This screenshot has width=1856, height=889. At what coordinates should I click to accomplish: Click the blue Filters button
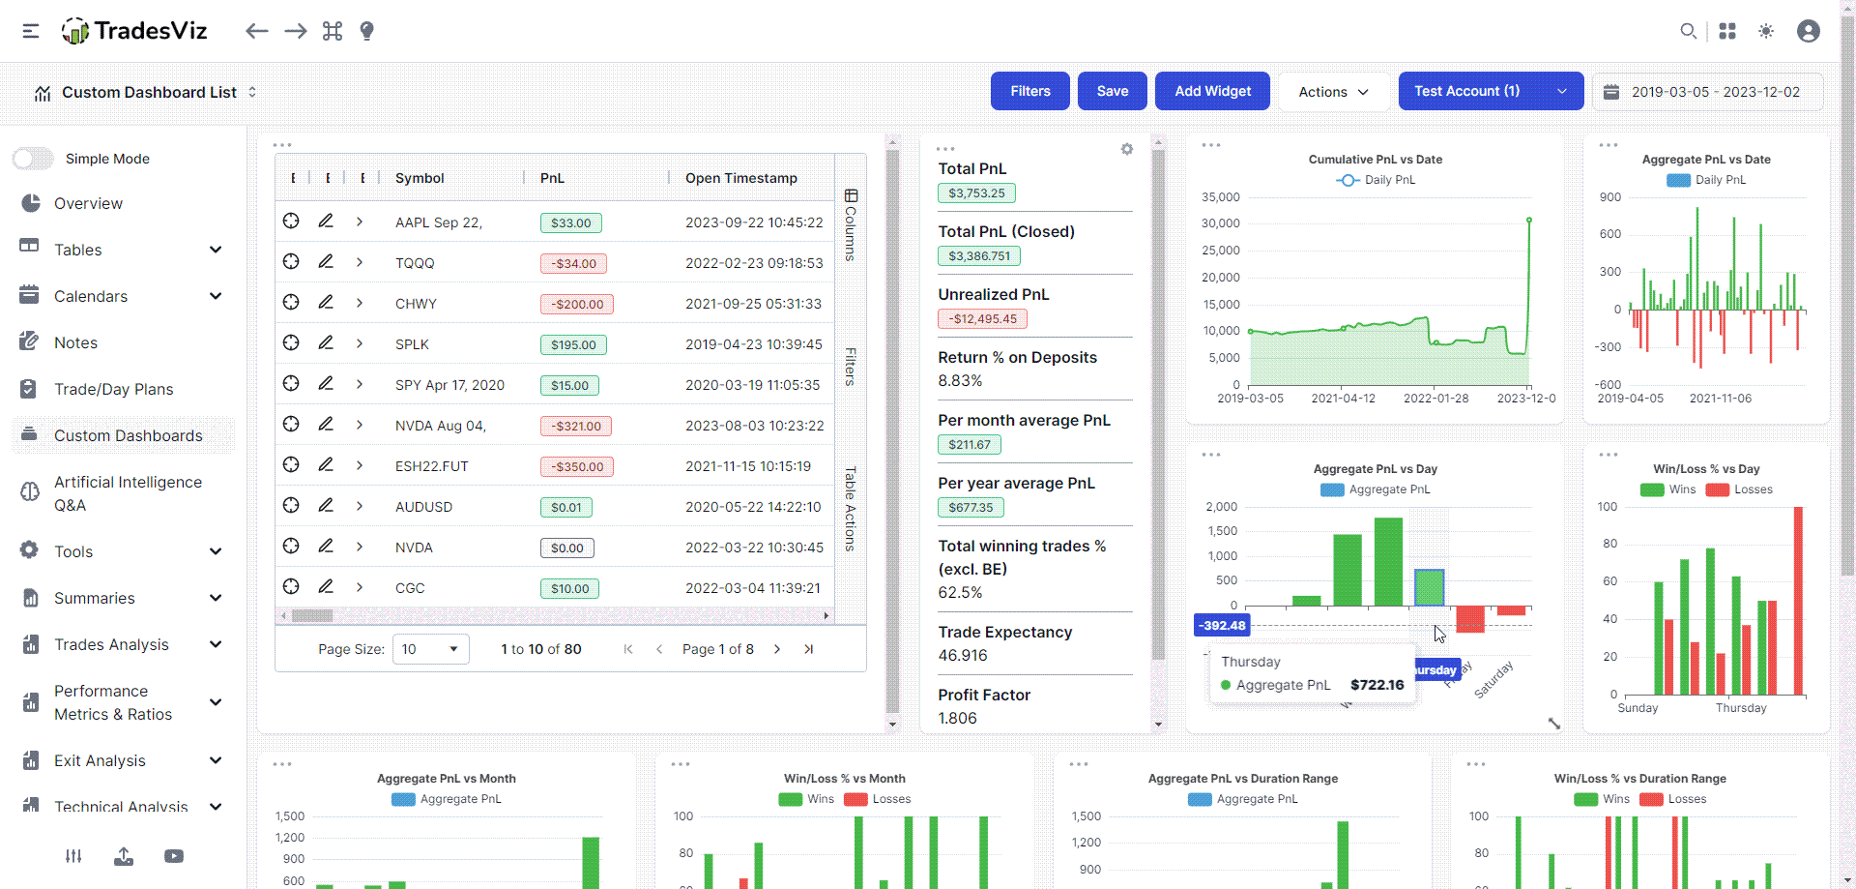1029,91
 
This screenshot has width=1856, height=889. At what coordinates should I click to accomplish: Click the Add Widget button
1212,91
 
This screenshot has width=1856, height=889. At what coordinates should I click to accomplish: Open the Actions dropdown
1333,92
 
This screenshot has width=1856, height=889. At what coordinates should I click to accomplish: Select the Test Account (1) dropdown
1490,91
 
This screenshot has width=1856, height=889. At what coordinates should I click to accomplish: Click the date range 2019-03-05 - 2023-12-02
1715,92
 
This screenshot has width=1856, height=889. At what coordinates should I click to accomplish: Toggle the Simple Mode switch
34,159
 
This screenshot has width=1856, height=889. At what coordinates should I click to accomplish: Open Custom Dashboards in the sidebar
128,435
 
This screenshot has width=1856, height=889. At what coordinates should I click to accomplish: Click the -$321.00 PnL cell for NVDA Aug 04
576,426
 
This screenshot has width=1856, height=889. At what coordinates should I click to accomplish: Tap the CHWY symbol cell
416,304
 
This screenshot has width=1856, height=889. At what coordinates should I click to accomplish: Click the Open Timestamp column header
740,178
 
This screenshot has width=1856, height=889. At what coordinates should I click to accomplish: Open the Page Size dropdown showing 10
430,649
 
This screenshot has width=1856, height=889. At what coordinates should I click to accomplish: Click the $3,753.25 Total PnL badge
975,193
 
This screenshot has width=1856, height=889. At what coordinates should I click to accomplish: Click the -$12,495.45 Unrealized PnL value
982,319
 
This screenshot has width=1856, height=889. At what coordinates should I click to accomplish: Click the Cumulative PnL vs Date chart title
1375,160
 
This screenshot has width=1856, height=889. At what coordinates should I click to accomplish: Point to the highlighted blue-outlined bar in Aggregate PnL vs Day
1429,587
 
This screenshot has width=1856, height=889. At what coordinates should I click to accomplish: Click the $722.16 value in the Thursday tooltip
1377,685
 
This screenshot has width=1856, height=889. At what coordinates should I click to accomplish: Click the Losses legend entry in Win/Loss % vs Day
1739,489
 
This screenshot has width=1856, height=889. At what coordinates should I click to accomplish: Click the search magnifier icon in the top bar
1688,31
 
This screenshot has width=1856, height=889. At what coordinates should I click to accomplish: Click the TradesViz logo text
151,31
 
